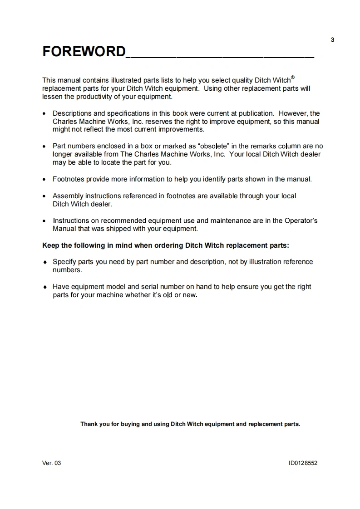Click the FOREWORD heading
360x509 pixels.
84,51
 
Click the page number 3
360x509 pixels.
332,40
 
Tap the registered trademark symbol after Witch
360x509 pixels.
293,77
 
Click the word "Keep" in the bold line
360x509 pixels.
51,245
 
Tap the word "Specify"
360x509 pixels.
64,262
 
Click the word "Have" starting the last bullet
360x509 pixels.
60,287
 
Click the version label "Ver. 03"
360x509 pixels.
51,463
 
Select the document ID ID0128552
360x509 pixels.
303,463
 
